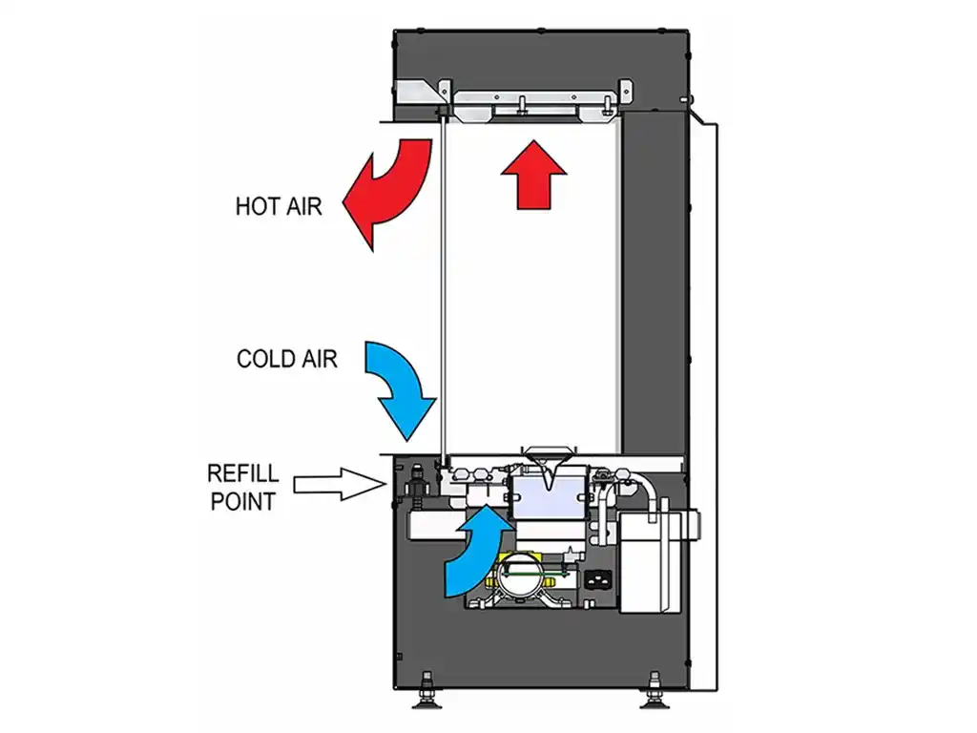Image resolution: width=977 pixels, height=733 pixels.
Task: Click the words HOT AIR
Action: tap(279, 205)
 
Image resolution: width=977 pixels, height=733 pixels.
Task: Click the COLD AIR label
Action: tap(286, 359)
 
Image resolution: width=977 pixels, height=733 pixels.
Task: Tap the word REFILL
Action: tap(243, 474)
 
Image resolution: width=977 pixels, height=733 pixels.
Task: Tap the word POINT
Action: tap(242, 500)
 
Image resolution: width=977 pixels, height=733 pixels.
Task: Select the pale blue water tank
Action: tap(548, 497)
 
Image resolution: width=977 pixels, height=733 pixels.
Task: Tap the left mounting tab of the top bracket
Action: tap(444, 92)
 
